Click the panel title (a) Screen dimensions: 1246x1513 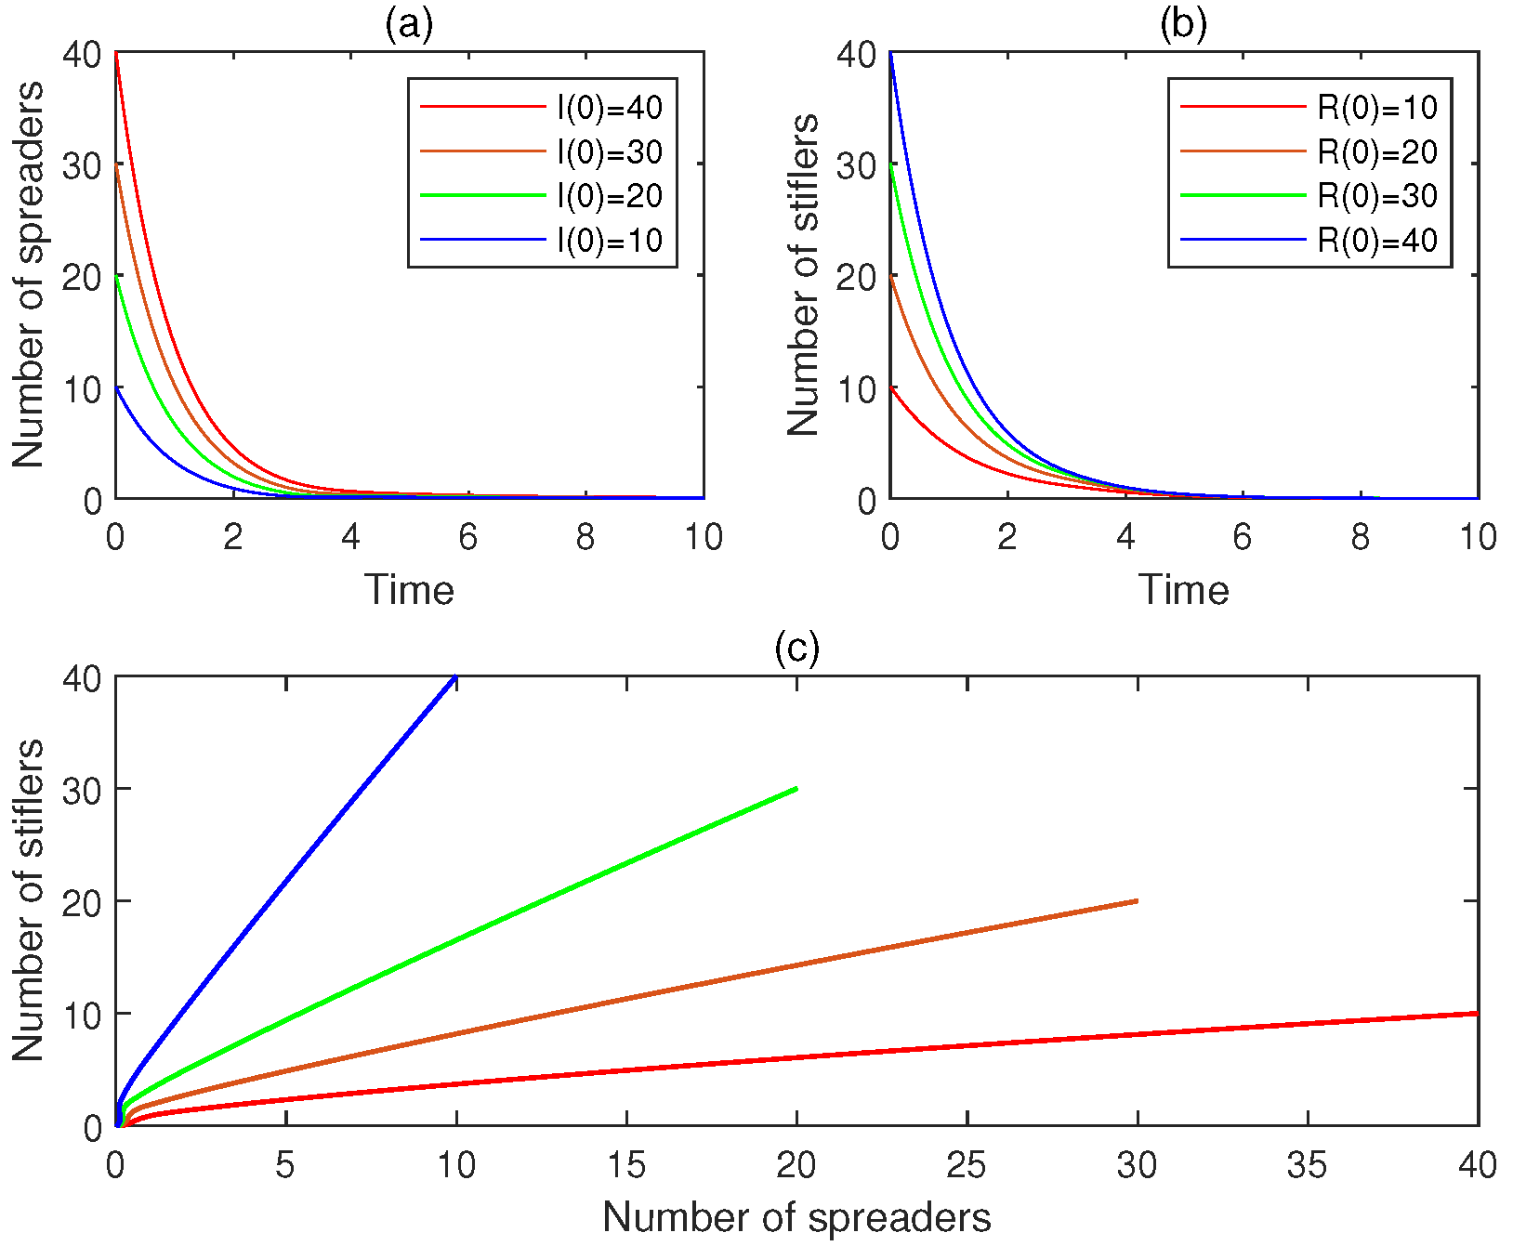pos(409,25)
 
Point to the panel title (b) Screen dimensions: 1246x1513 pos(1183,25)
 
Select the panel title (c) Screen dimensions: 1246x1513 pos(796,648)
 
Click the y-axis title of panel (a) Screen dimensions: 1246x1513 pos(28,275)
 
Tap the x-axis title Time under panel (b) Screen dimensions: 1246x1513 pos(1183,590)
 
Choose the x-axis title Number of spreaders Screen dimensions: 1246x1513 pos(796,1217)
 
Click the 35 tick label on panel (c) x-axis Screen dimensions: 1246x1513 pos(1308,1164)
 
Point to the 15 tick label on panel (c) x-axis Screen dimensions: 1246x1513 pos(626,1164)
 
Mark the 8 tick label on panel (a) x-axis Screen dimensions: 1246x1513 pos(585,537)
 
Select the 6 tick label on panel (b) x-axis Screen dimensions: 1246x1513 pos(1243,537)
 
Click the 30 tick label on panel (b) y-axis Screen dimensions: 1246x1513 pos(856,166)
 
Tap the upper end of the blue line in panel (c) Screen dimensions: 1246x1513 pos(455,677)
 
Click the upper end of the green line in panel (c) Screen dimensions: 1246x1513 pos(796,789)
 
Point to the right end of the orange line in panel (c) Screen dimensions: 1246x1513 pos(1137,900)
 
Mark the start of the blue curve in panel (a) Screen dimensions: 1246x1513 pos(116,387)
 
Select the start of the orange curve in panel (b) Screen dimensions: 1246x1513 pos(890,275)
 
